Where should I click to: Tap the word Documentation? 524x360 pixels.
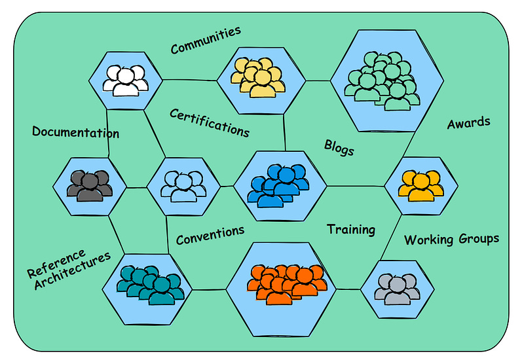(x=75, y=132)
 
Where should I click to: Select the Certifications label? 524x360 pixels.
(x=210, y=122)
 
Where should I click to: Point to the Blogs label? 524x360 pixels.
(x=339, y=147)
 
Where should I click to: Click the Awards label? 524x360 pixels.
(x=468, y=122)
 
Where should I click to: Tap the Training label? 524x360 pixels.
(x=351, y=229)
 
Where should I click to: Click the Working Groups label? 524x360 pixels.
(x=451, y=239)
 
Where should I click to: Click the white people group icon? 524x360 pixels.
(x=125, y=80)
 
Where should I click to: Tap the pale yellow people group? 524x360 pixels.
(x=257, y=76)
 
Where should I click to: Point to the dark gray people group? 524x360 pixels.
(x=90, y=185)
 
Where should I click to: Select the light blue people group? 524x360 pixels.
(x=183, y=186)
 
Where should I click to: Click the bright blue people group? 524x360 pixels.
(x=278, y=187)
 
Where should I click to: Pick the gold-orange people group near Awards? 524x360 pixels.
(x=420, y=185)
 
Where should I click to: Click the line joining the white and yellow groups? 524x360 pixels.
(x=189, y=81)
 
